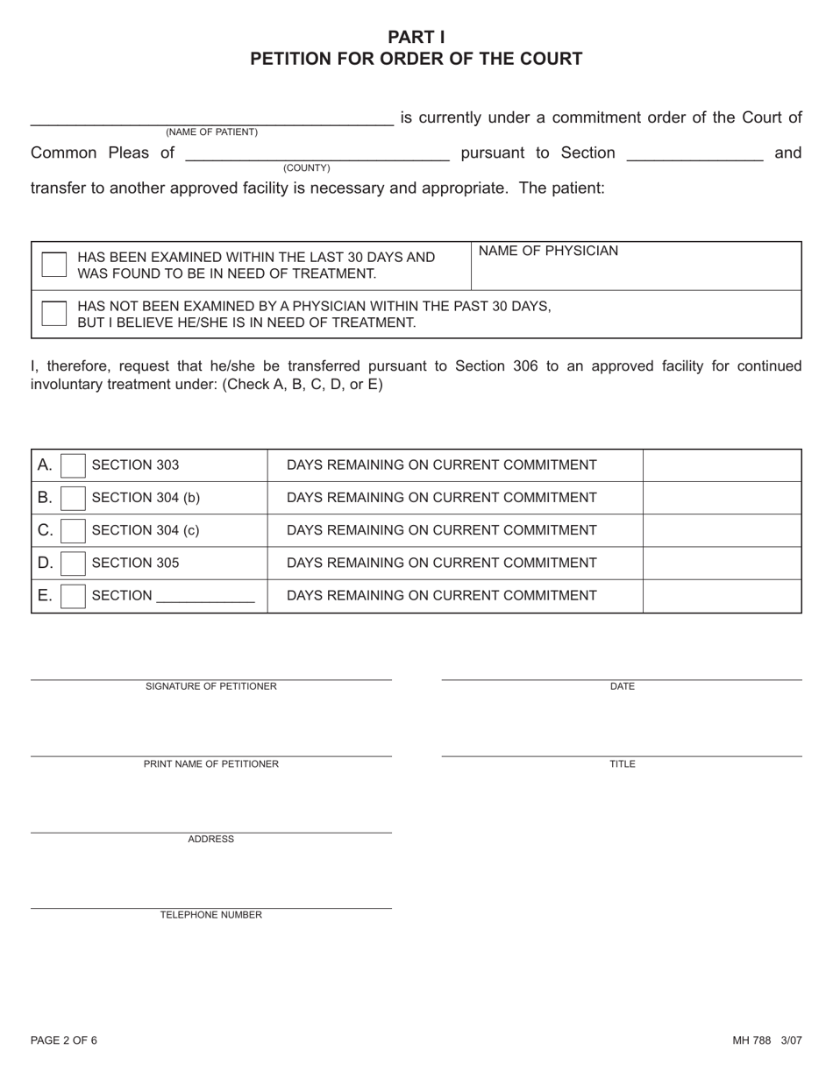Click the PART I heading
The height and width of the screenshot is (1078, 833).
pyautogui.click(x=416, y=37)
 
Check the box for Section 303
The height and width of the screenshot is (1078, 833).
pyautogui.click(x=74, y=465)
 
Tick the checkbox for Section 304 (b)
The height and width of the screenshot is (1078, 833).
pyautogui.click(x=74, y=498)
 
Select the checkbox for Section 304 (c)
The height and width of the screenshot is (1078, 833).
pyautogui.click(x=74, y=530)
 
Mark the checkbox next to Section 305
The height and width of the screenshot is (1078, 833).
pyautogui.click(x=74, y=563)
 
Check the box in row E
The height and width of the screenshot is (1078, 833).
pyautogui.click(x=74, y=596)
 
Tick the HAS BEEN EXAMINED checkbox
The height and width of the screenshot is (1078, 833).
pyautogui.click(x=54, y=265)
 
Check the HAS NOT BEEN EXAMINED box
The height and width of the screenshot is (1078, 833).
pyautogui.click(x=54, y=314)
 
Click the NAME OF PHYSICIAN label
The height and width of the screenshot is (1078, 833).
pyautogui.click(x=548, y=252)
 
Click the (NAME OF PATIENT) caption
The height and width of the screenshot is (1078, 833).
pyautogui.click(x=211, y=132)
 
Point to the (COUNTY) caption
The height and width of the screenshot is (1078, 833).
pyautogui.click(x=306, y=167)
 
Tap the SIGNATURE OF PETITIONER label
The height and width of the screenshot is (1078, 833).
pyautogui.click(x=210, y=686)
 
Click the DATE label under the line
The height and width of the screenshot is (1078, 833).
pyautogui.click(x=622, y=686)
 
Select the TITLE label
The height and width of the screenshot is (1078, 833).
pyautogui.click(x=622, y=764)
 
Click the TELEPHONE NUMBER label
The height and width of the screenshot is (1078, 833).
pyautogui.click(x=210, y=915)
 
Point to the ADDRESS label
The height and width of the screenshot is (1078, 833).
pyautogui.click(x=210, y=840)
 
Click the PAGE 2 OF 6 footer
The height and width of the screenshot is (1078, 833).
pyautogui.click(x=64, y=1041)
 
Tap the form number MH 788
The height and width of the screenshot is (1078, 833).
pyautogui.click(x=751, y=1041)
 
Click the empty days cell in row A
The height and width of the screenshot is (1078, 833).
pyautogui.click(x=722, y=465)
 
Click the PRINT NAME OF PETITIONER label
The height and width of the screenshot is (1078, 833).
pyautogui.click(x=210, y=764)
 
